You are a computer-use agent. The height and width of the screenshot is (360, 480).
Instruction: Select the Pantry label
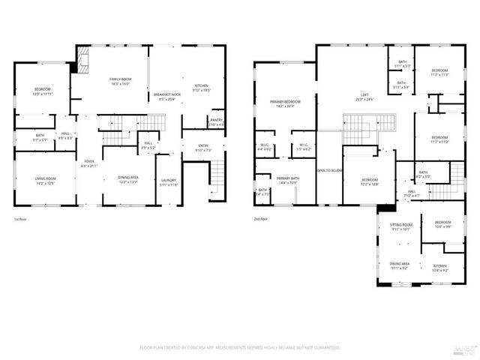click(x=216, y=120)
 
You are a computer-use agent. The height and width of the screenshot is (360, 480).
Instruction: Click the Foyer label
click(x=89, y=161)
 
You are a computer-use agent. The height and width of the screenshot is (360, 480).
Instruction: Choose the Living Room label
click(x=46, y=178)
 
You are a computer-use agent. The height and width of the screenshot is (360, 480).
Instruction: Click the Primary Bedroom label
click(x=286, y=101)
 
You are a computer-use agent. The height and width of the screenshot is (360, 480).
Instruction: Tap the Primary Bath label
click(x=288, y=178)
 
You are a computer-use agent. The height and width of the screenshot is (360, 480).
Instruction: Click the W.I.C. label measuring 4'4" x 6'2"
click(x=265, y=149)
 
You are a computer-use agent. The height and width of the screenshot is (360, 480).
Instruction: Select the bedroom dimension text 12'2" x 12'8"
click(x=370, y=184)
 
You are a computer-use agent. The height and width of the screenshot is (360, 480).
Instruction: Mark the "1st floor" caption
click(x=20, y=220)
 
